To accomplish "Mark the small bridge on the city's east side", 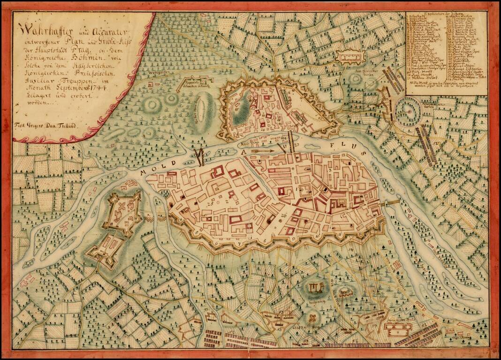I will [x=393, y=202].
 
